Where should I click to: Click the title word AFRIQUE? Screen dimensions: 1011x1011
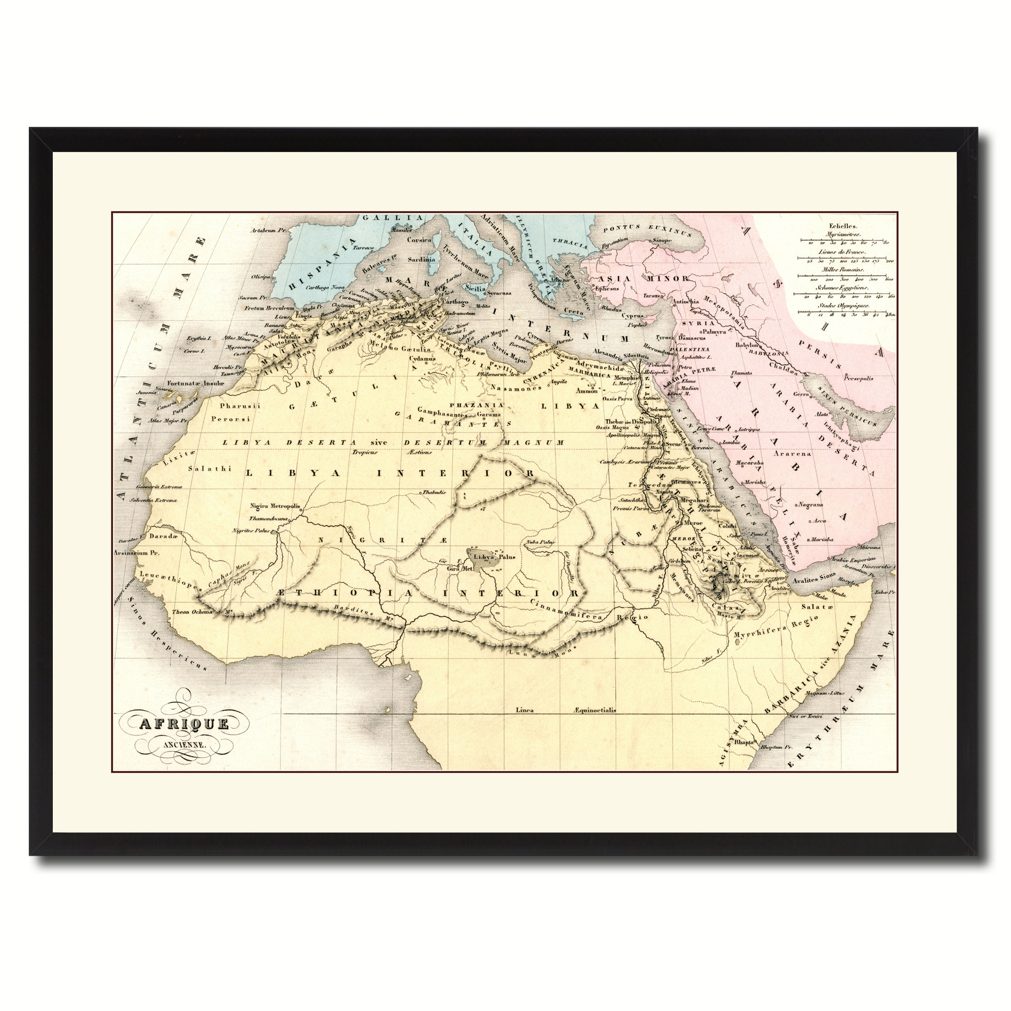[x=184, y=724]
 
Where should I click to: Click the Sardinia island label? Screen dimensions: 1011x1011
[x=421, y=259]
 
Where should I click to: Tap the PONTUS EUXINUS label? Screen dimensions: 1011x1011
[x=646, y=229]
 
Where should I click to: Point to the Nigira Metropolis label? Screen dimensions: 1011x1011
[x=275, y=506]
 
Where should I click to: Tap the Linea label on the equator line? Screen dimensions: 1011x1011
[x=524, y=710]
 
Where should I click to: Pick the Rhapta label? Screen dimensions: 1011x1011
[x=744, y=742]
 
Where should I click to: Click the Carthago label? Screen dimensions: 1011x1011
[x=455, y=302]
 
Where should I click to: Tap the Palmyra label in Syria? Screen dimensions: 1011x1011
[x=715, y=332]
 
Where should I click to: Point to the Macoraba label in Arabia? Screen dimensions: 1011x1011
[x=750, y=463]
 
